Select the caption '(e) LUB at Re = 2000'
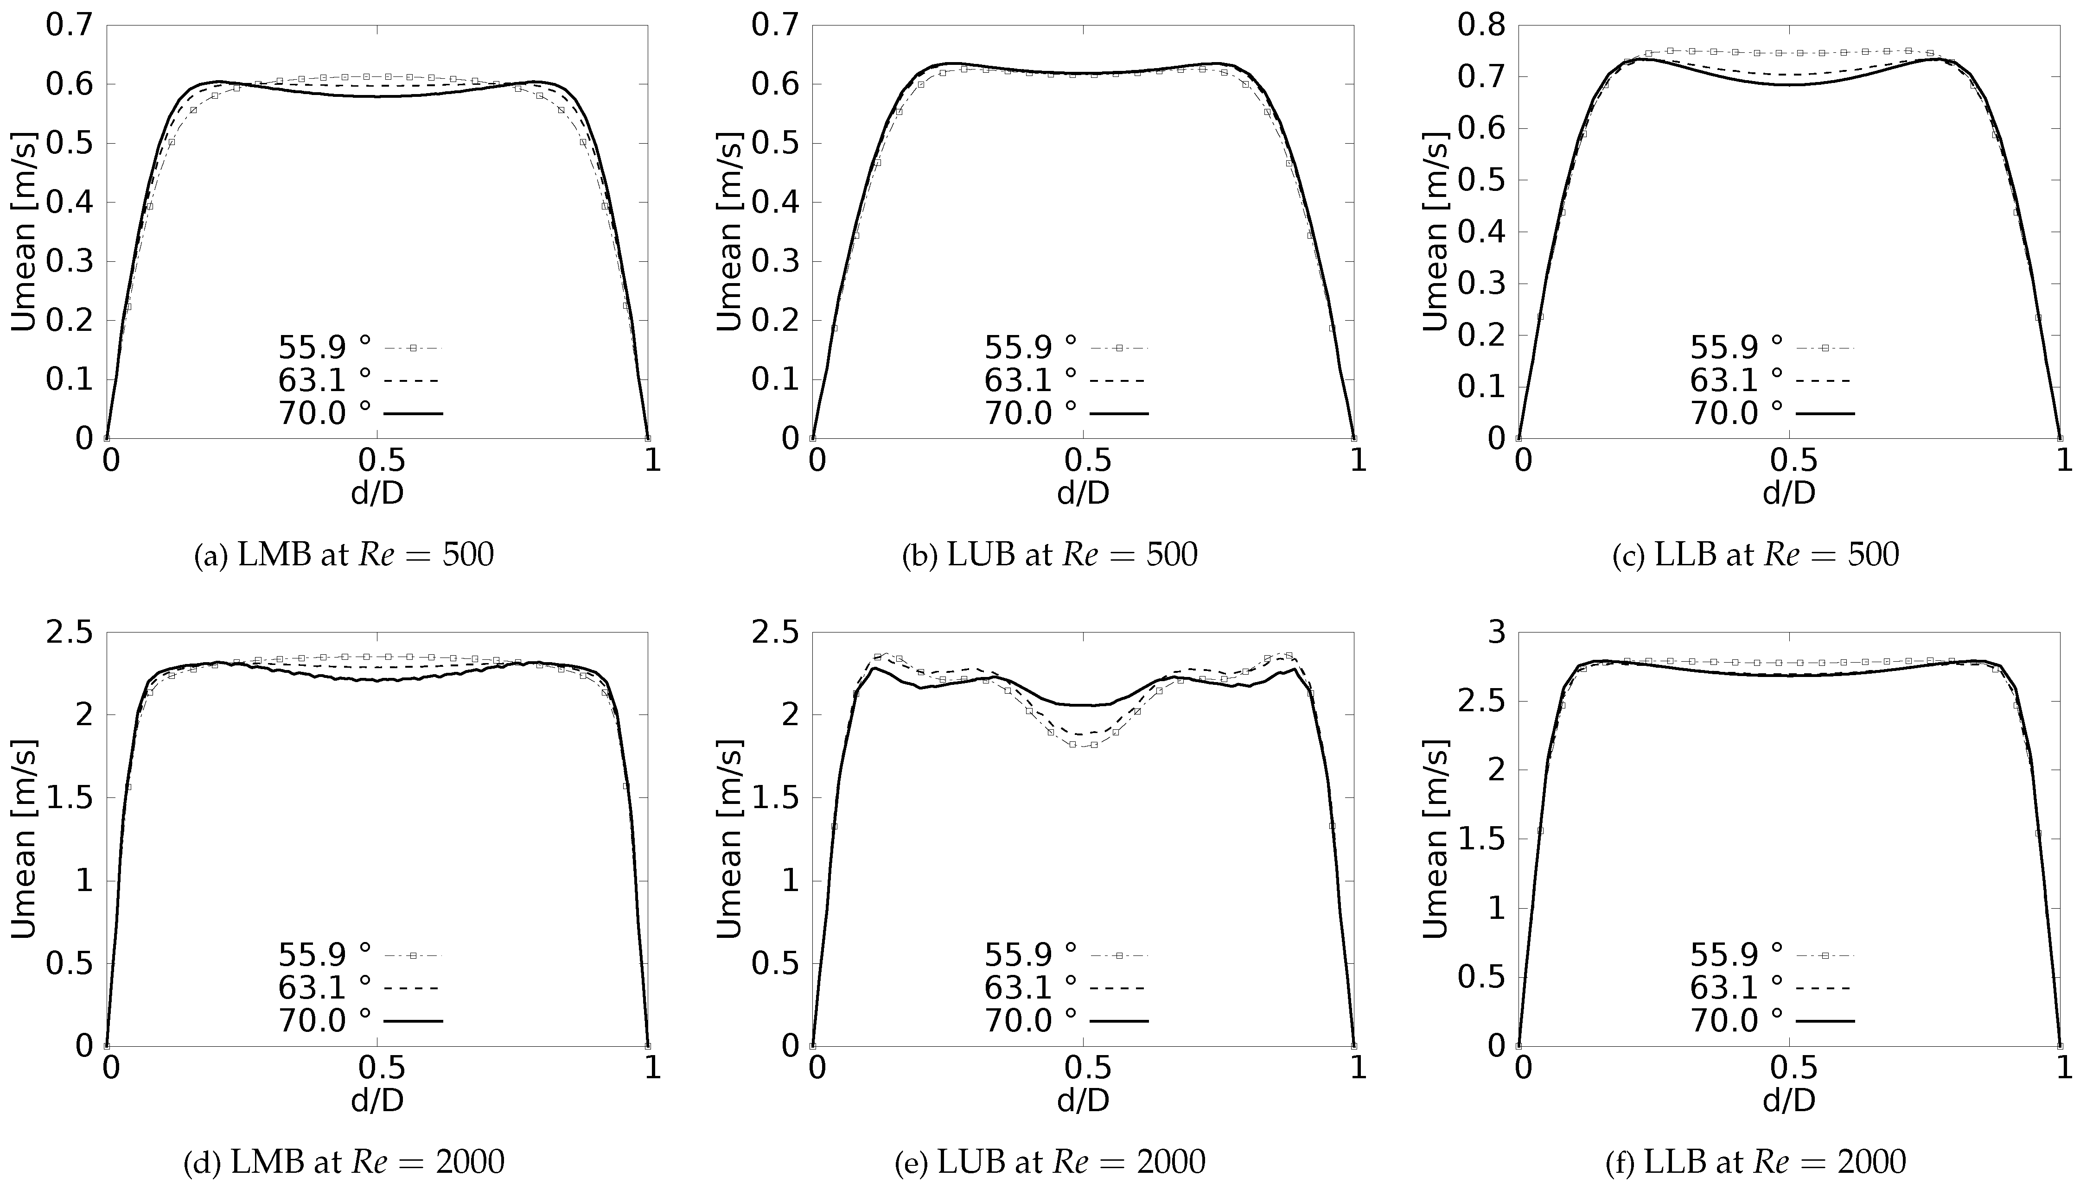(x=1050, y=1161)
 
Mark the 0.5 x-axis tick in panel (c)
(x=1789, y=461)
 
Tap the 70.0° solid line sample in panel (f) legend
(x=1825, y=1021)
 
